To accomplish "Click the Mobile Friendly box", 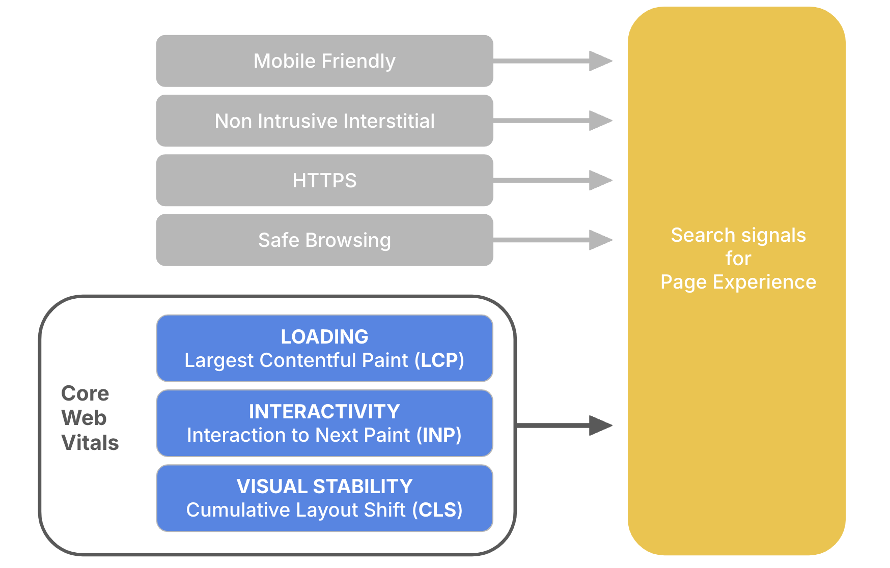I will [x=324, y=61].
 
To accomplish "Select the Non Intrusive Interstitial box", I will [x=324, y=121].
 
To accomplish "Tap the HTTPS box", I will [x=324, y=180].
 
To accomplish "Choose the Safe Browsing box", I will [x=324, y=240].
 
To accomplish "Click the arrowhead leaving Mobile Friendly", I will [x=600, y=61].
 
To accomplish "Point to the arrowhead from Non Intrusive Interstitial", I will [x=600, y=121].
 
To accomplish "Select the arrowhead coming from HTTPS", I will [x=600, y=180].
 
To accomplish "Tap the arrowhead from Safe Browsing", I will [x=600, y=240].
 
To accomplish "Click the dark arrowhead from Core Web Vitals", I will [x=600, y=425].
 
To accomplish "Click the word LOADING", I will [x=324, y=337].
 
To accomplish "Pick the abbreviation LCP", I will [x=439, y=360].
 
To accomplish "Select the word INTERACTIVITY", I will [x=324, y=412].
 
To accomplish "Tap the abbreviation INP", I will [x=439, y=435].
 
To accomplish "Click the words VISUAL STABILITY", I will [x=324, y=487].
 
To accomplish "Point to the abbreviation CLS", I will [x=437, y=510].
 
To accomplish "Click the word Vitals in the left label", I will [x=90, y=443].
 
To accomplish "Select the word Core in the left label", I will [x=85, y=393].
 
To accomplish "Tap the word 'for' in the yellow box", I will [x=738, y=259].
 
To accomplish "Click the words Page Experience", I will [x=738, y=282].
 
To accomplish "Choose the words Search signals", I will [x=738, y=235].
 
